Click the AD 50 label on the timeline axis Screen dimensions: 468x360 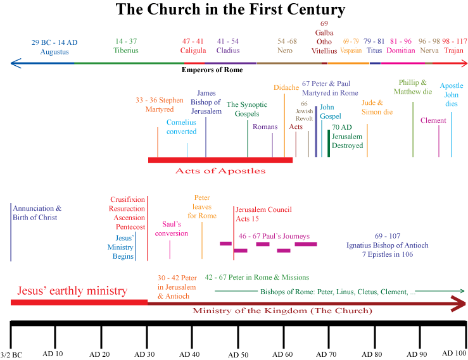238,355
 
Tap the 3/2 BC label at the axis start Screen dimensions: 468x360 11,355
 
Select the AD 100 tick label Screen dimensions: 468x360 454,354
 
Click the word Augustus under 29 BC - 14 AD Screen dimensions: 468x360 54,52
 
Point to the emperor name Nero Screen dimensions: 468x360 285,51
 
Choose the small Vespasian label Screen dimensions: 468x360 351,51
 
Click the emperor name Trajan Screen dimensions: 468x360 453,51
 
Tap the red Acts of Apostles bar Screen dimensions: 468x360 220,160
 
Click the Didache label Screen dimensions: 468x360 286,87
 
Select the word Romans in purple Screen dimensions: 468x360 265,127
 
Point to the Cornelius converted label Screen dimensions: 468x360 182,127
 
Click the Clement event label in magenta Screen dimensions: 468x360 433,120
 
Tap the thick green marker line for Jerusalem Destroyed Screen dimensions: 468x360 329,143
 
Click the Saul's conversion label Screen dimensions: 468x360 172,229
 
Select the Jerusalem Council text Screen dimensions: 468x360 263,209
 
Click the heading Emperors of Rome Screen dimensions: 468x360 212,70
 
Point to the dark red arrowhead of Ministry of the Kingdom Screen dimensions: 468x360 459,304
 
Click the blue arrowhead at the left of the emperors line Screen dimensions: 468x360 16,63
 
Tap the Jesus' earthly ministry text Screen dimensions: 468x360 72,291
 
